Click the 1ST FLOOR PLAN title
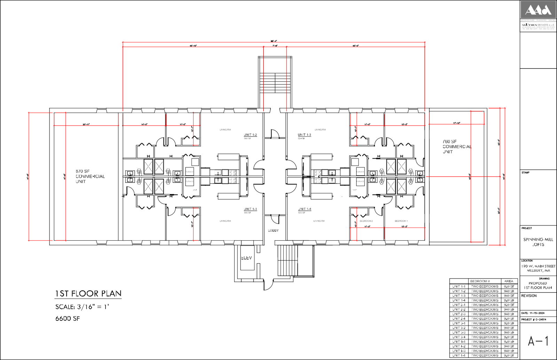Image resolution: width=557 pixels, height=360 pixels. click(x=88, y=294)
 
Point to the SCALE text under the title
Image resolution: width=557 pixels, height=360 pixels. click(x=82, y=307)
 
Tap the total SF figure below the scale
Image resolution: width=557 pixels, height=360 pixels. click(x=68, y=319)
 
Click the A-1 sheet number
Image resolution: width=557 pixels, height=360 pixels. click(x=538, y=341)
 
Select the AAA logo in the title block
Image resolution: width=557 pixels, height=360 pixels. click(x=538, y=10)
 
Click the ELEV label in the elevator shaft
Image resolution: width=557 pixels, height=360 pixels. click(x=246, y=258)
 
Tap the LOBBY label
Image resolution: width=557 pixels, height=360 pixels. click(x=273, y=230)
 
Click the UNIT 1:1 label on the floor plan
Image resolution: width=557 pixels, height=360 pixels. click(x=250, y=209)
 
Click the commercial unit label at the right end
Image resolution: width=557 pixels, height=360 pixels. click(x=456, y=146)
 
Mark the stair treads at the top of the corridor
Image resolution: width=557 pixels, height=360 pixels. click(x=274, y=83)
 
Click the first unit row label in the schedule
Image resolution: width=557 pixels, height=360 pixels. click(x=458, y=287)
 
